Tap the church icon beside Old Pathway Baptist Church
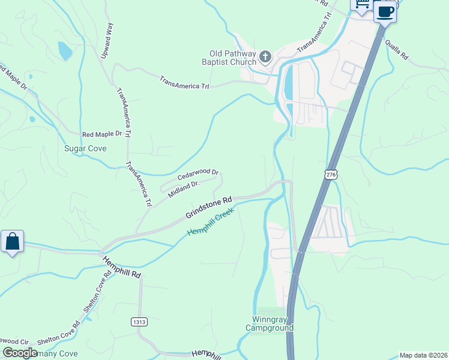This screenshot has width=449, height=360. [x=265, y=57]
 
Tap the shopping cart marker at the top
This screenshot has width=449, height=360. [x=362, y=5]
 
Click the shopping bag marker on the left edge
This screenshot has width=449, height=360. [x=13, y=242]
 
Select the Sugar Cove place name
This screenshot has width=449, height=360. [x=85, y=148]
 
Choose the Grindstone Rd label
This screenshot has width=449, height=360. [x=208, y=208]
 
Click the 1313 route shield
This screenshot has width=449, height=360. [x=139, y=322]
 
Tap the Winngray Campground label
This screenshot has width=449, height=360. [x=270, y=323]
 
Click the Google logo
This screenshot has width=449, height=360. [x=20, y=353]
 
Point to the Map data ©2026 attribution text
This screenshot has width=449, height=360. [x=423, y=355]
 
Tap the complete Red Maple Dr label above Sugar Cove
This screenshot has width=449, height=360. [x=102, y=134]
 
